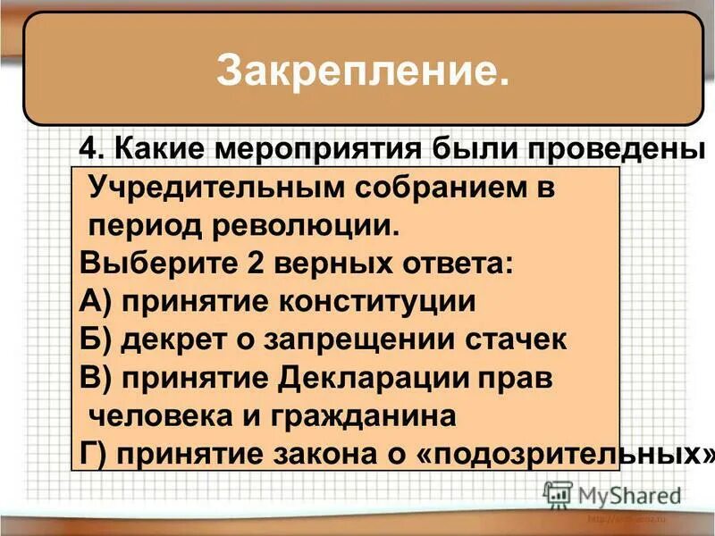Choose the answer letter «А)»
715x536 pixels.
95,301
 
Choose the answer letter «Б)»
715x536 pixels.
95,339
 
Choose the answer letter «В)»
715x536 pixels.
95,377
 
